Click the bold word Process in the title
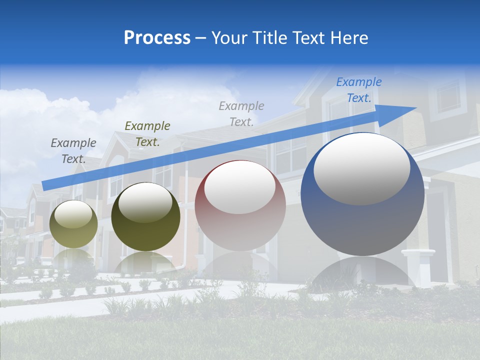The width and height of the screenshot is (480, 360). click(x=157, y=38)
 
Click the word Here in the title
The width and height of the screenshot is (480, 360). click(x=350, y=38)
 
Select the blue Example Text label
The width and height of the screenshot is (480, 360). click(x=359, y=90)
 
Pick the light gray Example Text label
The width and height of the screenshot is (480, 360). click(x=241, y=113)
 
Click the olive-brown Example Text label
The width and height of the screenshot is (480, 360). click(x=147, y=134)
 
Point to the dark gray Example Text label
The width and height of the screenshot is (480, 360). click(x=73, y=150)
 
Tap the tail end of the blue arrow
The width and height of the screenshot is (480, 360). click(x=46, y=185)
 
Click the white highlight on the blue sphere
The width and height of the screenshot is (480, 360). click(x=361, y=169)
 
